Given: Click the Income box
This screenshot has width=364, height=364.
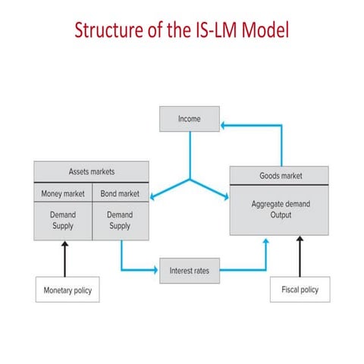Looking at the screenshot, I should [x=189, y=119].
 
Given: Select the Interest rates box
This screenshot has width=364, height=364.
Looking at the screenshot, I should [x=189, y=270].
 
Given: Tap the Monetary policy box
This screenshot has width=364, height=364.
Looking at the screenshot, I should [x=67, y=290].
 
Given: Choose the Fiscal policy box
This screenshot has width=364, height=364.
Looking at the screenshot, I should [x=300, y=290].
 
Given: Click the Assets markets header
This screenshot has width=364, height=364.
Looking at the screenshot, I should [x=91, y=171].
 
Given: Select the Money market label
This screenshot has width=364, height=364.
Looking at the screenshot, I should [x=63, y=193].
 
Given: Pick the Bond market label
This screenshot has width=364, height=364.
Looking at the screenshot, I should [x=120, y=193].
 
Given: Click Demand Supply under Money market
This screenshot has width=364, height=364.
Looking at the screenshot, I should [x=63, y=220].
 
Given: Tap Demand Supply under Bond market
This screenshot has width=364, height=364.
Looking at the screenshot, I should [x=120, y=220].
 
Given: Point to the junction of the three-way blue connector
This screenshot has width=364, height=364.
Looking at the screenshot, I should [x=190, y=179].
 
